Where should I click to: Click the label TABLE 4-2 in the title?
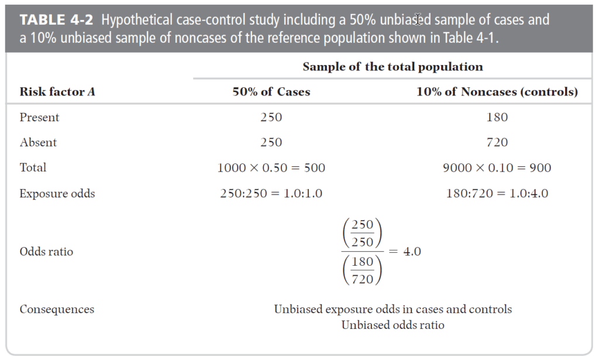[56, 19]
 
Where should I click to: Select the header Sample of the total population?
[393, 67]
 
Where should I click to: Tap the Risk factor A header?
[57, 92]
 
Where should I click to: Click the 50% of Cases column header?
[271, 92]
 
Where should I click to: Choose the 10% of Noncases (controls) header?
[497, 92]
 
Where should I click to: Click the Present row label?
[39, 117]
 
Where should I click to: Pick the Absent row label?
[38, 142]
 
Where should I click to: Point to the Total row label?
[33, 167]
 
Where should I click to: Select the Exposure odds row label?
[57, 193]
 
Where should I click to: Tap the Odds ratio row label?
[46, 252]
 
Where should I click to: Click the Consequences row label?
[57, 309]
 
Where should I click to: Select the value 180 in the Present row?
[497, 117]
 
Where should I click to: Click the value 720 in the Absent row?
[497, 142]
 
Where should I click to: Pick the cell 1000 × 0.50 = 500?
[271, 168]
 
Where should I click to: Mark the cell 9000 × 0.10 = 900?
[497, 168]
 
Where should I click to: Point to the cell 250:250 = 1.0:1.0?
[271, 193]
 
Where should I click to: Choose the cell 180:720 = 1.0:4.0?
[497, 193]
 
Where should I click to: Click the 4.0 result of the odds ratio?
[412, 252]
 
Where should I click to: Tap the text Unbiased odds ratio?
[393, 325]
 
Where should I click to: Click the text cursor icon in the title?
[418, 19]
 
